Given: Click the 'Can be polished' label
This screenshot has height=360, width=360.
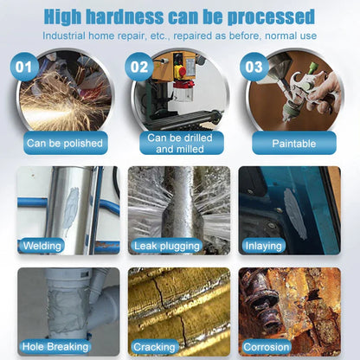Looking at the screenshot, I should [x=65, y=143].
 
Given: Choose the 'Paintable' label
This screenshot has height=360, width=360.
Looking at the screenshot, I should [x=293, y=143].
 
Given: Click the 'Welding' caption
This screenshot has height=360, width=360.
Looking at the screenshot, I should [x=42, y=246].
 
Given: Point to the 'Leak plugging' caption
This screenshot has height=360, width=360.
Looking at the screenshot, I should [x=168, y=246].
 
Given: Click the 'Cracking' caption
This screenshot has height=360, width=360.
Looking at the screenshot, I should [x=155, y=347].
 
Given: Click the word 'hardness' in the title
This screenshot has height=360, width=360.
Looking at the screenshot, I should [x=142, y=16].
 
